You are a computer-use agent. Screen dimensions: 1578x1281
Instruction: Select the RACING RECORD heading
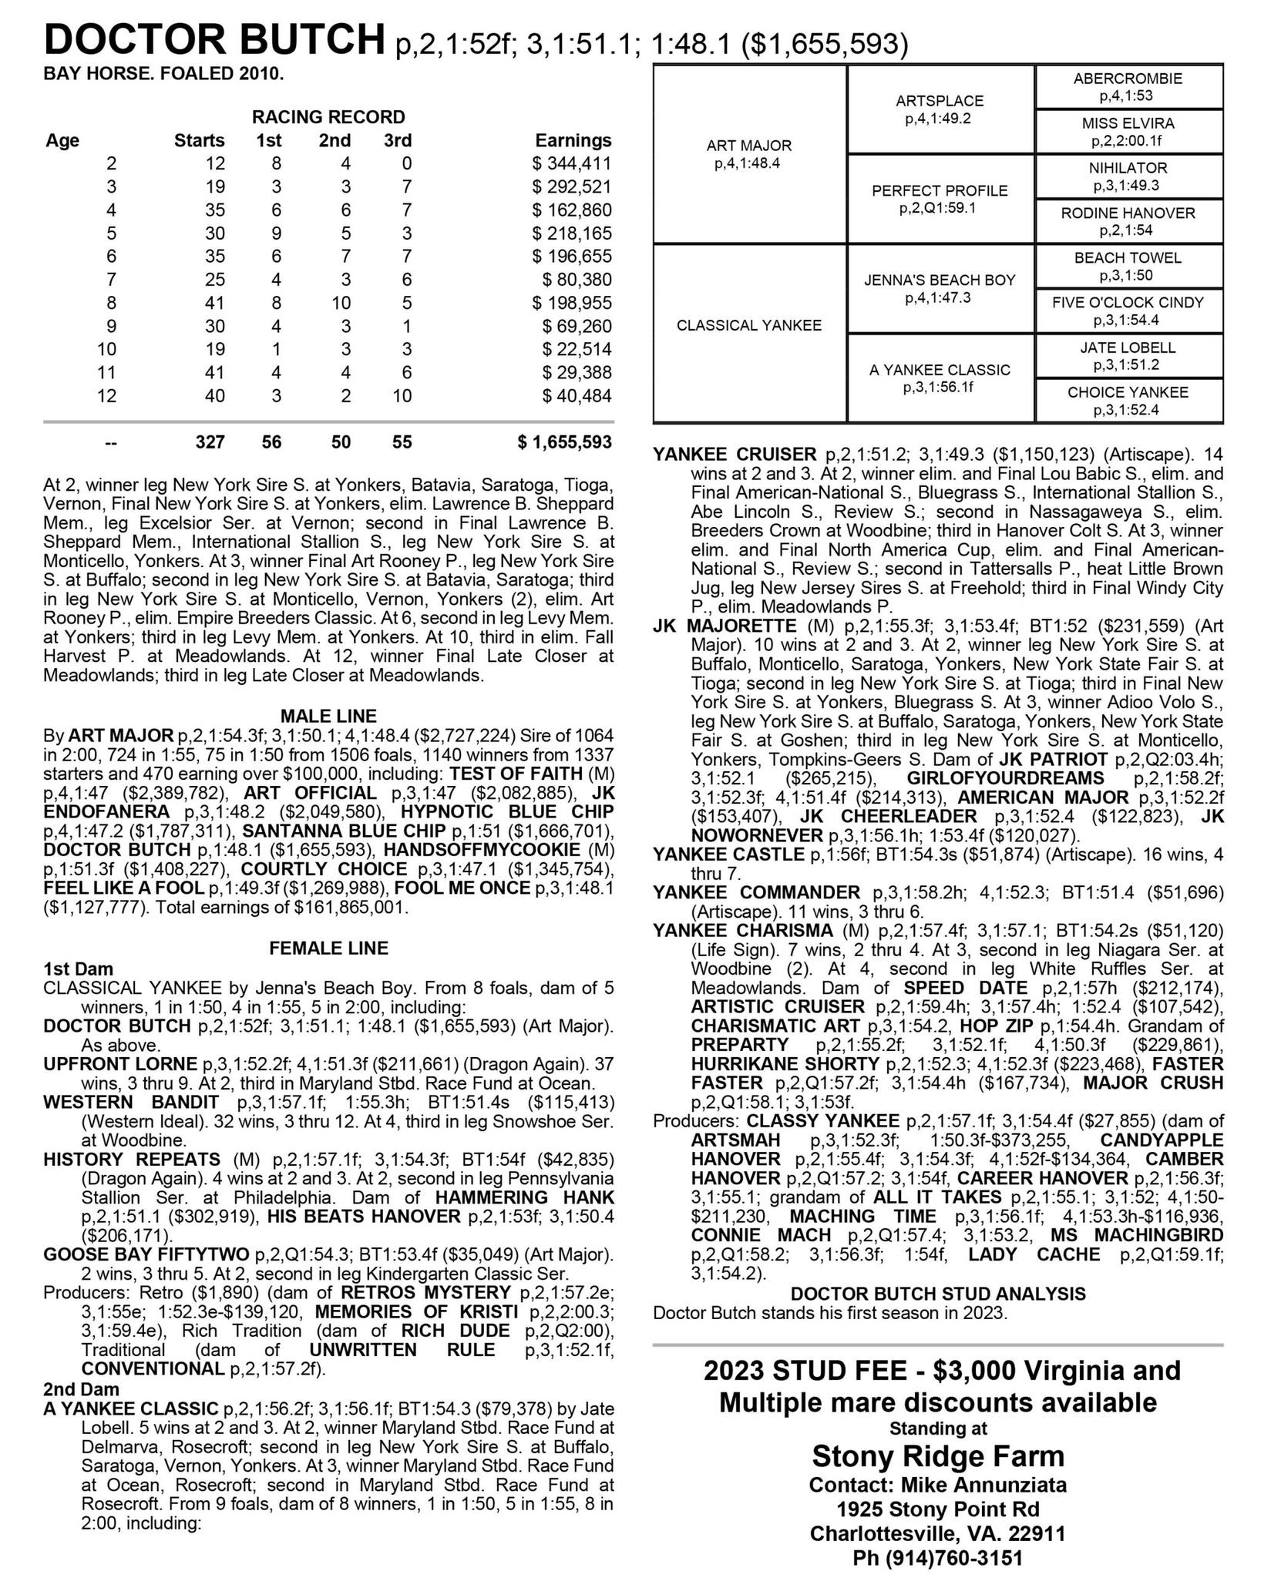pos(328,117)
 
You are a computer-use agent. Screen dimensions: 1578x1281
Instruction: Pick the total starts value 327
pos(210,442)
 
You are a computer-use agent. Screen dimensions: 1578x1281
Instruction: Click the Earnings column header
pos(573,140)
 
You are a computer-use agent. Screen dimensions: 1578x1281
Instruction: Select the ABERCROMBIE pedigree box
pos(1128,87)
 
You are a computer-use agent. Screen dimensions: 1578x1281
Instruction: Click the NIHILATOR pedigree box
pos(1128,176)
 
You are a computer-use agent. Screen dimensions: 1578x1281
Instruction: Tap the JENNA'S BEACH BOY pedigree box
pos(940,288)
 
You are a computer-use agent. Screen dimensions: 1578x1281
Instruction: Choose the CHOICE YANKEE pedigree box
pos(1128,401)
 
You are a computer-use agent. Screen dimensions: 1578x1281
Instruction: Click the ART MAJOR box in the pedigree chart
pos(749,154)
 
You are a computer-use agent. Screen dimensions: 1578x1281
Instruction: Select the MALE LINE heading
pos(328,716)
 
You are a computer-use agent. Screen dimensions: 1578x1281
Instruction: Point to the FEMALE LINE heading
pos(328,948)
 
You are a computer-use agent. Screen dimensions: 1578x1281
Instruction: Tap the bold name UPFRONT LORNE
pos(120,1064)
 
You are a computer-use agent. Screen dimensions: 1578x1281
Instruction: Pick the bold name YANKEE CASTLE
pos(728,854)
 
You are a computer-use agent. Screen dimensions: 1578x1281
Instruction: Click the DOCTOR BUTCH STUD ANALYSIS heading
pos(938,1294)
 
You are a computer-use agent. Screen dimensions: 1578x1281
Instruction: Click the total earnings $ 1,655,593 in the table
pos(565,442)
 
